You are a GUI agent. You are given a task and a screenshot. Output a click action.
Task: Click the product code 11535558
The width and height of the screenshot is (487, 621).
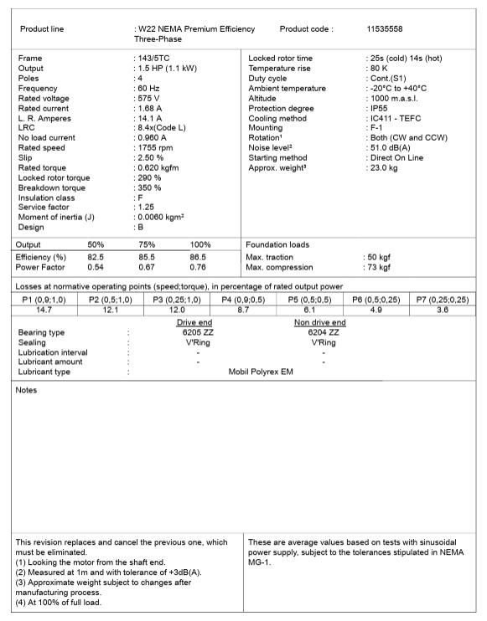point(385,28)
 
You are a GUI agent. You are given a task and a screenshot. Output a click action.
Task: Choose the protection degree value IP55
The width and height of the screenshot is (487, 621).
point(381,108)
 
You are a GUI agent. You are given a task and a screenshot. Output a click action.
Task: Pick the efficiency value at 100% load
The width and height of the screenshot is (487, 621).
point(197,258)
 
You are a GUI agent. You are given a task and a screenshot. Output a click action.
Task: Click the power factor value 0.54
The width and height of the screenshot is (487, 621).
point(96,268)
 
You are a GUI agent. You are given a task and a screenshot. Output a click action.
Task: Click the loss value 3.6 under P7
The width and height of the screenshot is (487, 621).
point(443,310)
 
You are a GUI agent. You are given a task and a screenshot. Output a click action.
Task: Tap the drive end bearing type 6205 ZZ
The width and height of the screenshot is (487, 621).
point(198,332)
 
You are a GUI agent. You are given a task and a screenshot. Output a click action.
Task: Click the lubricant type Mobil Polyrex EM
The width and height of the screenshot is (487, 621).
point(261,372)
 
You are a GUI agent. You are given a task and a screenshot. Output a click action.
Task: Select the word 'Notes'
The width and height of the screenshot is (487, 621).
point(28,390)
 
